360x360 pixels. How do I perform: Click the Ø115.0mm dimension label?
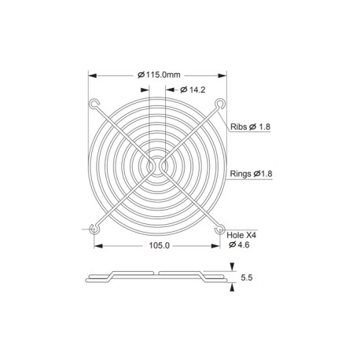159,75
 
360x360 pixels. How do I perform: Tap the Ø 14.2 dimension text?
193,90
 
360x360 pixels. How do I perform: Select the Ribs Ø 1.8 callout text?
250,127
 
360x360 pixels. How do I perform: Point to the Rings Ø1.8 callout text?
251,174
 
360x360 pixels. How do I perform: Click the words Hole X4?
241,235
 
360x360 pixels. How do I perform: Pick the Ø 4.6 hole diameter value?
239,244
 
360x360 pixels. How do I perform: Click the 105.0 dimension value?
160,245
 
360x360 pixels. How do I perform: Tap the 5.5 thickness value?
247,277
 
